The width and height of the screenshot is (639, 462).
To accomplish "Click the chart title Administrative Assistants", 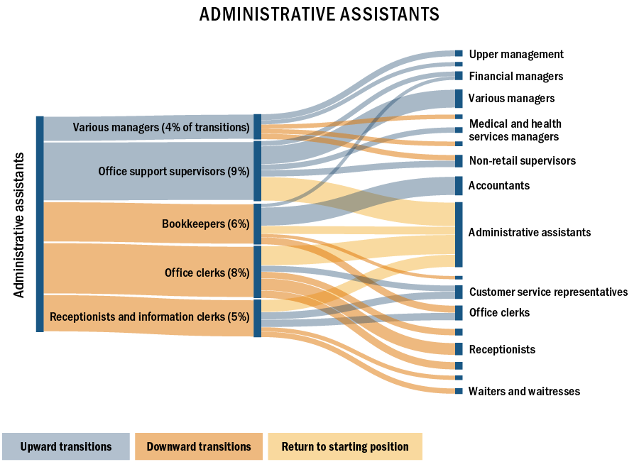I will pos(319,15).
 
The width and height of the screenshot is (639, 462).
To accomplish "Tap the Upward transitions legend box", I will pos(66,447).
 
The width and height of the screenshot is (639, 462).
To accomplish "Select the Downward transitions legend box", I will pos(199,447).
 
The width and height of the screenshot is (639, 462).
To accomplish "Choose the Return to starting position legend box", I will pos(345,447).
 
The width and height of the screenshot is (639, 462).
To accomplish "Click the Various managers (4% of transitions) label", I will pos(161,128).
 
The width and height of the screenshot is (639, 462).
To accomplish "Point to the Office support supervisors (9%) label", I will pos(174,171).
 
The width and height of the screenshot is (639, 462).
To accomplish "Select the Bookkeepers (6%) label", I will pos(206,224).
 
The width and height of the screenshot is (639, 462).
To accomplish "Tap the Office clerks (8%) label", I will pos(207,273).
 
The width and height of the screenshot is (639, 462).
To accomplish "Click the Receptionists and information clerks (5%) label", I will pos(150,317).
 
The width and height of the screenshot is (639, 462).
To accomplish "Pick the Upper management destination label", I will pos(516,55).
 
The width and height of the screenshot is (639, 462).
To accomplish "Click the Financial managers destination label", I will pos(516,77).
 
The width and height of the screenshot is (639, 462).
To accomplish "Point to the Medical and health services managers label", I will pos(515,131).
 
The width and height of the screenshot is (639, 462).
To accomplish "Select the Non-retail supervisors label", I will pos(523,161).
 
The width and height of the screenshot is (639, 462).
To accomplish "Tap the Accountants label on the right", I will pos(499,186).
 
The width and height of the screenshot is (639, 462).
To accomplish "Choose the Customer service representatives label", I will pos(548,292).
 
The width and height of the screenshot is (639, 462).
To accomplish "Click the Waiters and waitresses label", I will pos(524,392).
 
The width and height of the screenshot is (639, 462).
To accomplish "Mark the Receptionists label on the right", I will pos(502,350).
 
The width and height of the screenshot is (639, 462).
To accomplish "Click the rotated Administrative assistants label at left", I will pos(20,224).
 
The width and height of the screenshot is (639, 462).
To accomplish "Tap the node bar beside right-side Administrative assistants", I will pos(459,234).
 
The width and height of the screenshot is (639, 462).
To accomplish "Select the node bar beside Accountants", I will pos(459,186).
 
